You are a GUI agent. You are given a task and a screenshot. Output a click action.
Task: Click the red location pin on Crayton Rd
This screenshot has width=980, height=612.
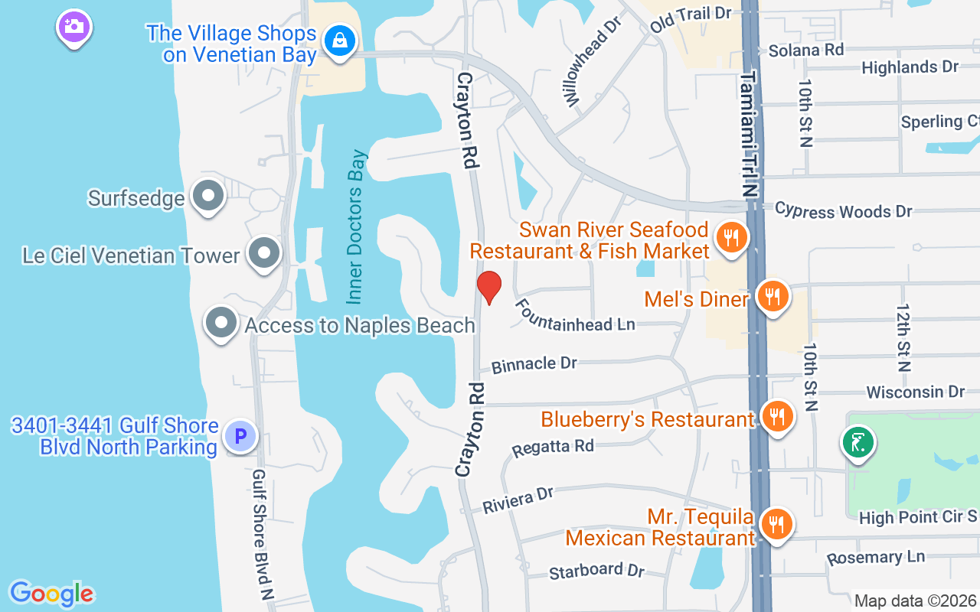pyautogui.click(x=488, y=287)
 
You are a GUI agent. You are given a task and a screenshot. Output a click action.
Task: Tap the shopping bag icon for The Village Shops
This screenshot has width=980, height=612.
pyautogui.click(x=338, y=39)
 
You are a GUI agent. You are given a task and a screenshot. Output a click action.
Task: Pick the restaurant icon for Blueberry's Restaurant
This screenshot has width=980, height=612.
pyautogui.click(x=778, y=417)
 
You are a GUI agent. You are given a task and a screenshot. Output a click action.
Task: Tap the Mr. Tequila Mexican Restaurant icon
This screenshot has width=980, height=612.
pyautogui.click(x=777, y=525)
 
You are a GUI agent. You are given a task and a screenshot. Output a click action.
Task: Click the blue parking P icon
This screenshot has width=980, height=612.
pyautogui.click(x=240, y=437)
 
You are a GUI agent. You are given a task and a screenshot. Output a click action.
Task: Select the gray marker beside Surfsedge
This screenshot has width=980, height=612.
pyautogui.click(x=207, y=196)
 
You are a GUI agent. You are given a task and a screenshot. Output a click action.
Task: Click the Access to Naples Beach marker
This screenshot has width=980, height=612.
pyautogui.click(x=221, y=323)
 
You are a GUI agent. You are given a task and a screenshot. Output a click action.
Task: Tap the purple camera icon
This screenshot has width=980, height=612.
pyautogui.click(x=74, y=28)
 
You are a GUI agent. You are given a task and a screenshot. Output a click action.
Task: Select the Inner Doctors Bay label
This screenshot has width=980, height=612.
pyautogui.click(x=358, y=226)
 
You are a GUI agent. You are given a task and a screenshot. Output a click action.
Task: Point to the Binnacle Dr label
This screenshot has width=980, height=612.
pyautogui.click(x=534, y=364)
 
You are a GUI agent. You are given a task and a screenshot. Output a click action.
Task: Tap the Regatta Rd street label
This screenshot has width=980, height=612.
pyautogui.click(x=553, y=446)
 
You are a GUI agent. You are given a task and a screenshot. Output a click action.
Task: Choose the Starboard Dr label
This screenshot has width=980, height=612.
pyautogui.click(x=597, y=570)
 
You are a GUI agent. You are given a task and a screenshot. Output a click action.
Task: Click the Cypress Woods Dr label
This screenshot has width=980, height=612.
pyautogui.click(x=843, y=210)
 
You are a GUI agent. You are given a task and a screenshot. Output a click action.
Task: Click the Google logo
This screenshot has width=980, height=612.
pyautogui.click(x=51, y=594)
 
